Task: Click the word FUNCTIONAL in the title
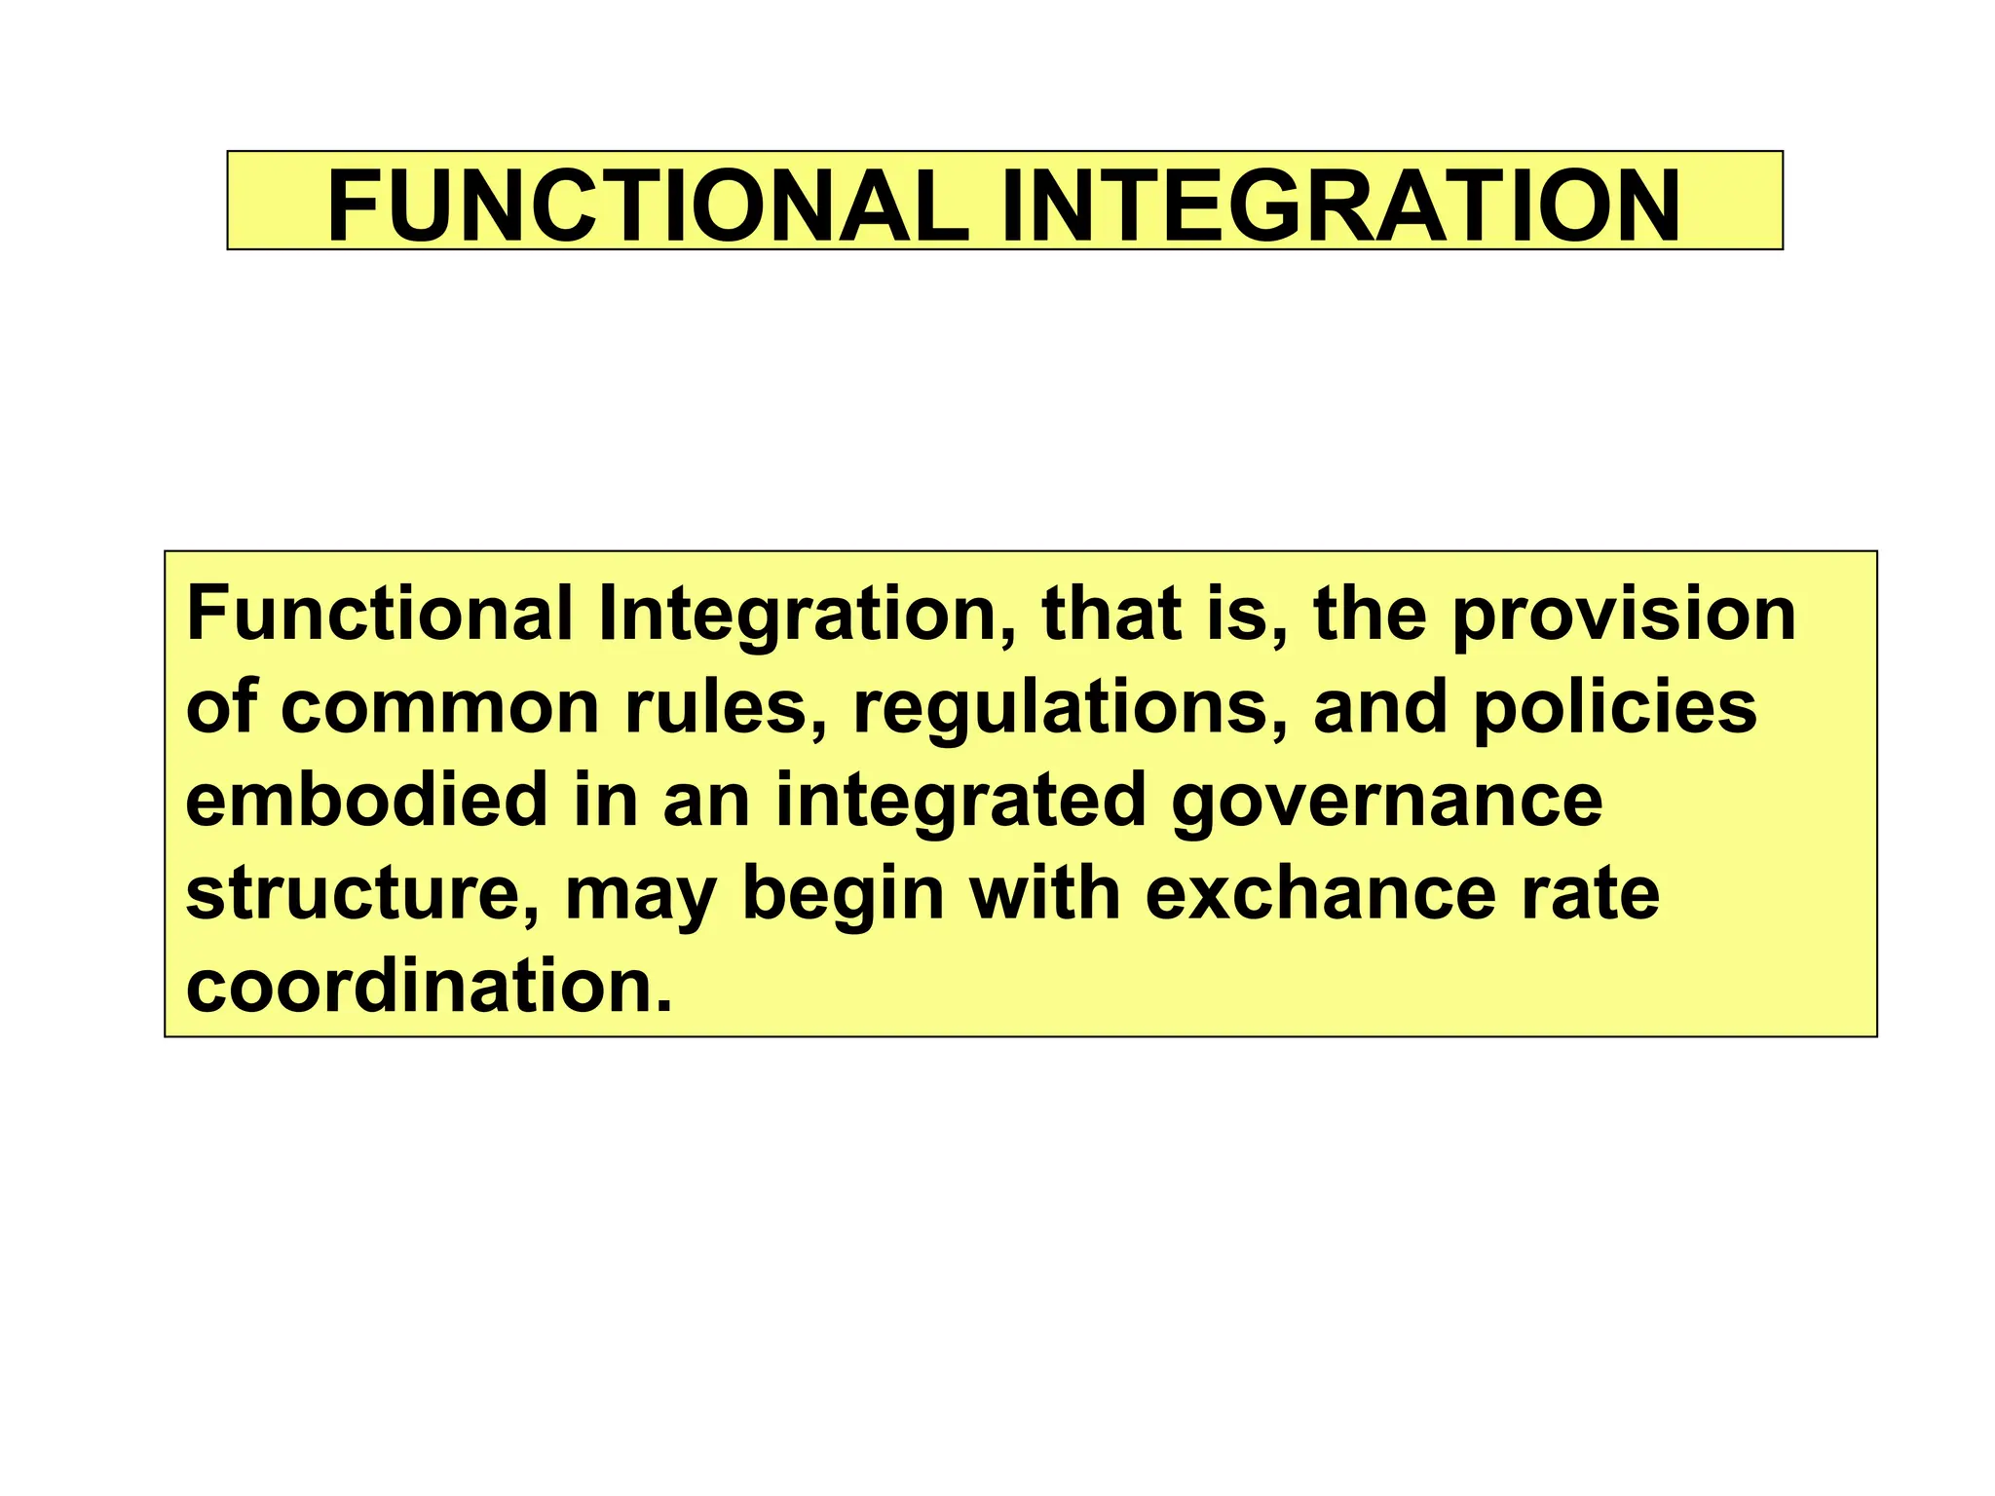point(648,206)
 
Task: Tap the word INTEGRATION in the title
point(1340,206)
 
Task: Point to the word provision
point(1624,616)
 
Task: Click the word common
point(439,708)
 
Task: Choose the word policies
point(1614,708)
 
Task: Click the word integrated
point(960,802)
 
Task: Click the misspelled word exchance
point(1320,894)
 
